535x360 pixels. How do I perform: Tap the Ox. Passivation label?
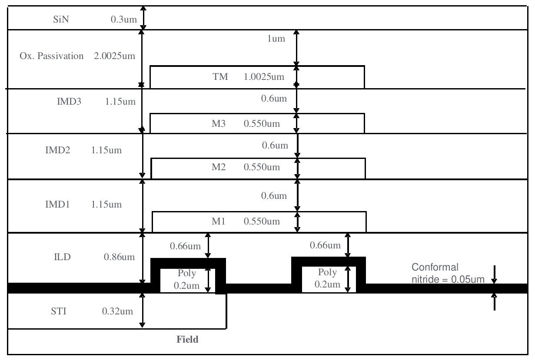click(x=52, y=57)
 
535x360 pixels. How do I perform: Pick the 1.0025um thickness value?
click(x=264, y=78)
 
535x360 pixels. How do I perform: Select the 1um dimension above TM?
click(x=276, y=39)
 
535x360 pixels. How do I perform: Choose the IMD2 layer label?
click(x=55, y=151)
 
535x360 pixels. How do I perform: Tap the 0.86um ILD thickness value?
click(x=119, y=257)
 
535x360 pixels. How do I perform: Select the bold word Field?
click(x=187, y=340)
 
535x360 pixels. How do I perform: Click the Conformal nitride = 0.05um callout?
click(x=448, y=273)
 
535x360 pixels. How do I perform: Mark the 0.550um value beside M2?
click(x=262, y=167)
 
